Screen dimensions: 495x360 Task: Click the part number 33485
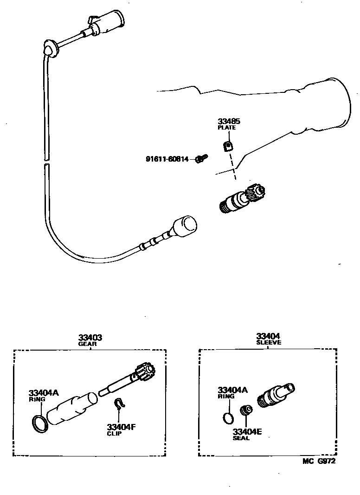tap(229, 122)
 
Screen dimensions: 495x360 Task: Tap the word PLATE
tap(227, 128)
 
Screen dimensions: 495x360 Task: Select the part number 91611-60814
tap(167, 159)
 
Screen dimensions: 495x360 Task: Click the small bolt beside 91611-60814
tap(200, 159)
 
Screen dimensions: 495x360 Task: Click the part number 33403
tap(90, 338)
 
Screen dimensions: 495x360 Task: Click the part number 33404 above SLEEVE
tap(269, 336)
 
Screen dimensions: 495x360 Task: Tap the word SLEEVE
tap(269, 342)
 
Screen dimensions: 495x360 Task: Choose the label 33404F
tap(121, 427)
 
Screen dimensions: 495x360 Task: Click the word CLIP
tap(115, 434)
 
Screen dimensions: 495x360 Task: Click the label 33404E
tap(247, 431)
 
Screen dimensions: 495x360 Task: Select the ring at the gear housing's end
tap(39, 423)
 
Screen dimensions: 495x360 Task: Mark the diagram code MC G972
tap(319, 461)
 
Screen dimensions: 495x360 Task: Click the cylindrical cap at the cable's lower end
tap(185, 226)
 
